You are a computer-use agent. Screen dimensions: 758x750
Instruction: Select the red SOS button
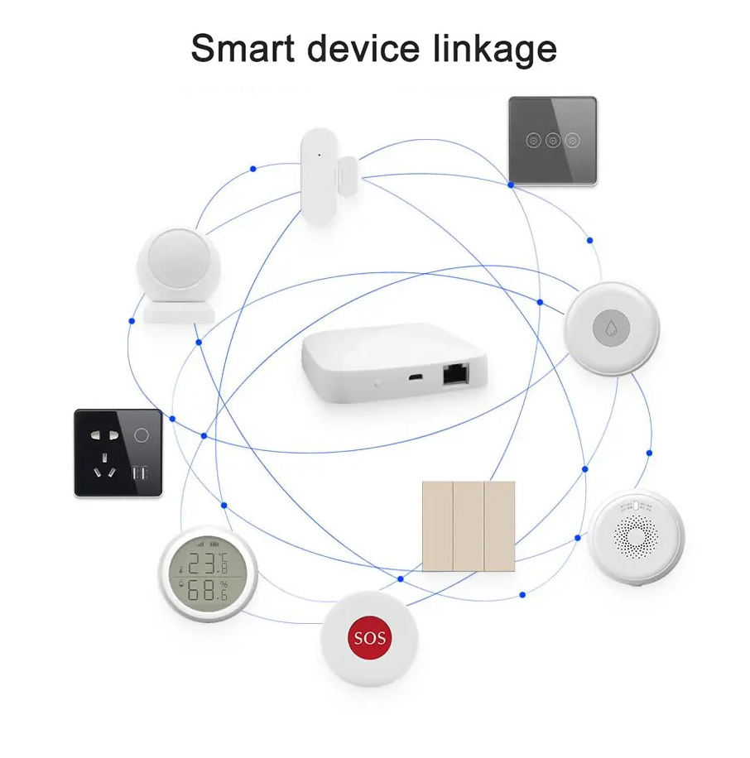click(x=369, y=639)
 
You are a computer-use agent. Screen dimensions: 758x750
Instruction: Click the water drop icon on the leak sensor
click(x=612, y=328)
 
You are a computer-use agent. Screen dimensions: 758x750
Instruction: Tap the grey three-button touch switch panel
click(x=552, y=141)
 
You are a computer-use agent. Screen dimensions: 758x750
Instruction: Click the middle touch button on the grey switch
click(x=552, y=140)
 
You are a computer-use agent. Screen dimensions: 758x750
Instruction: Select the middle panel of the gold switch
click(x=469, y=525)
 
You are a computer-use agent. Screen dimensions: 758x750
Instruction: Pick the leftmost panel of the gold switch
click(x=438, y=525)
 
